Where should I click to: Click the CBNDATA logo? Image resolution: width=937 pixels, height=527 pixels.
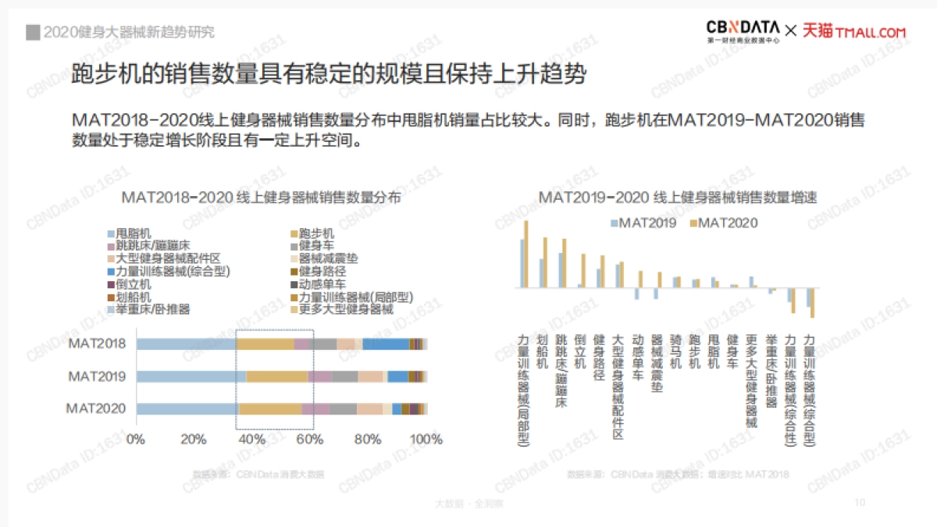click(743, 30)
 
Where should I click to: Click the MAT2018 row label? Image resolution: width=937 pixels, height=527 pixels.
click(97, 344)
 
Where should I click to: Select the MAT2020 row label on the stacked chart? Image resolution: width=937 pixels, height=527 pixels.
click(95, 408)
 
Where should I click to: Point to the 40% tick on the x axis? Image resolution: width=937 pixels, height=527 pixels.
click(251, 440)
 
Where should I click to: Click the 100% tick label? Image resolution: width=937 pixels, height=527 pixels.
click(426, 440)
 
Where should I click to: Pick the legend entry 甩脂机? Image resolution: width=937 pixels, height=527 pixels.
click(134, 233)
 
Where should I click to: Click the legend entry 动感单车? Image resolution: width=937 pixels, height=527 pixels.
click(322, 284)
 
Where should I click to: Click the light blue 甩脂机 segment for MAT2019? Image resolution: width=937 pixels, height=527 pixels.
click(191, 376)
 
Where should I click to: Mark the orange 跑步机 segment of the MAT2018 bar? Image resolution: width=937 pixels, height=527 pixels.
click(265, 344)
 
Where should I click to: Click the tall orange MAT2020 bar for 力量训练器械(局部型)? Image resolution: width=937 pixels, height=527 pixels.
click(526, 254)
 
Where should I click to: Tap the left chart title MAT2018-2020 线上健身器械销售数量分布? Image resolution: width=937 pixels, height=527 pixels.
click(262, 198)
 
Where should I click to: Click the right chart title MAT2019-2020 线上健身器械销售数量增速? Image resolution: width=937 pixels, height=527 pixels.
click(678, 198)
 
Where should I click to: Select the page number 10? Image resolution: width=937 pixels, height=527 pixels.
click(860, 502)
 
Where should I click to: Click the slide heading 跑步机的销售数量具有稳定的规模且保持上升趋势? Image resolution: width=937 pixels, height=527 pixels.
click(328, 75)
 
